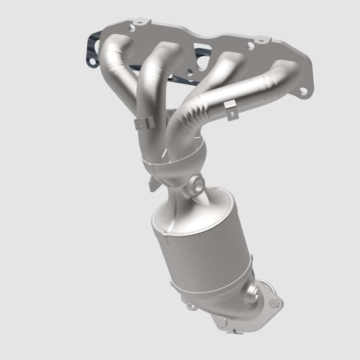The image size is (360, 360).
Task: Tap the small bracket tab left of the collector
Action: (153, 184)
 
